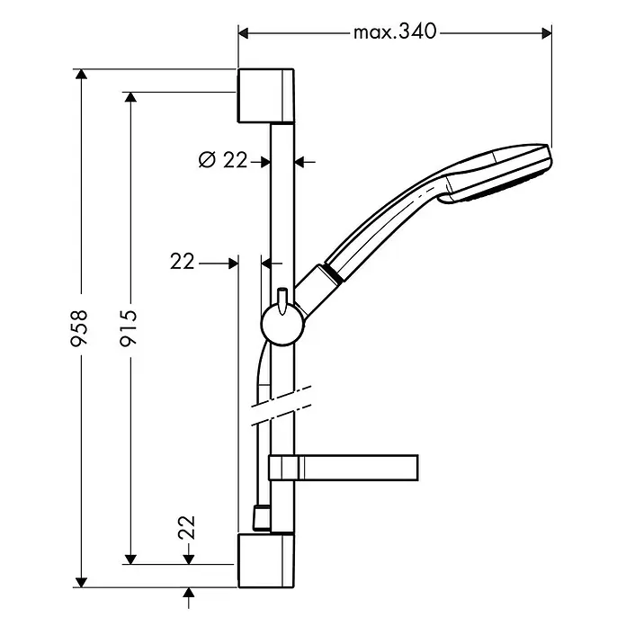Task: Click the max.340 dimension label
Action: point(395,32)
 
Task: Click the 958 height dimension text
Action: point(78,327)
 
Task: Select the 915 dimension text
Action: point(129,327)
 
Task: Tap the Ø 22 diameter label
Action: point(223,160)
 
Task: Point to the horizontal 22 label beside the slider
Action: point(182,262)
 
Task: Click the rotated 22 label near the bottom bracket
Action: point(187,528)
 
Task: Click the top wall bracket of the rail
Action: point(266,95)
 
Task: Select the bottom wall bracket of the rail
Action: point(266,560)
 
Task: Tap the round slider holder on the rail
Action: point(282,324)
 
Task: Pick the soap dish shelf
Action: point(344,468)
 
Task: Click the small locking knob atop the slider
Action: point(282,300)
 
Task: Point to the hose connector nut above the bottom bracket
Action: point(261,518)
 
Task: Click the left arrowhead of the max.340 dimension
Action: point(243,33)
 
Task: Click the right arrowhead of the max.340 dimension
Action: point(547,33)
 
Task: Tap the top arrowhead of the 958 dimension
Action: point(81,75)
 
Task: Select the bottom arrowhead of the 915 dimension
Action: point(130,559)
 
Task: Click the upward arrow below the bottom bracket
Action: point(189,597)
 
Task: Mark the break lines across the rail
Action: point(281,406)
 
